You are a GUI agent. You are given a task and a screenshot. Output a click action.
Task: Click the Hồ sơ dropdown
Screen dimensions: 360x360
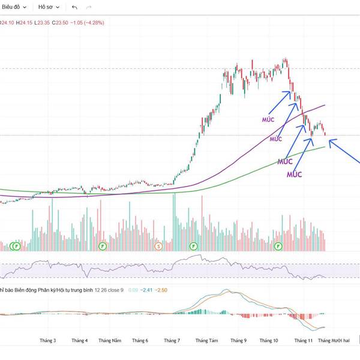(48, 7)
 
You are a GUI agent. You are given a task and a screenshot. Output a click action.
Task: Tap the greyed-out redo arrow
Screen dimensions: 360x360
(89, 7)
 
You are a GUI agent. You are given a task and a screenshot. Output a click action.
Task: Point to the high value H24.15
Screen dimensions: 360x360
(25, 23)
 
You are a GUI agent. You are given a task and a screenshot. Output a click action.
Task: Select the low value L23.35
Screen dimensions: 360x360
(42, 23)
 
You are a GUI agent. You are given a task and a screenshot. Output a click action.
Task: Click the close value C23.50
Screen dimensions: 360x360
(60, 23)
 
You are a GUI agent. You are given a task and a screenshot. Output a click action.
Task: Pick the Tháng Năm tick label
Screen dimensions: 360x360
(110, 340)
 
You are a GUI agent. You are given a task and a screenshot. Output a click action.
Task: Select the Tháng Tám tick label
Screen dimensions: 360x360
(206, 340)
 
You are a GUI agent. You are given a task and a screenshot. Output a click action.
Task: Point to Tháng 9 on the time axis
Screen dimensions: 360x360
(238, 340)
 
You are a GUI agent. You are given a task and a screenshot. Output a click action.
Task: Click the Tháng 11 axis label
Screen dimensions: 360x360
(303, 340)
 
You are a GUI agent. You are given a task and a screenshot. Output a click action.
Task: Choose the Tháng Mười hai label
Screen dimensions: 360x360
(334, 340)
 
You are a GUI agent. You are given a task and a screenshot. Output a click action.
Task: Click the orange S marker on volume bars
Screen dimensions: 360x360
(159, 246)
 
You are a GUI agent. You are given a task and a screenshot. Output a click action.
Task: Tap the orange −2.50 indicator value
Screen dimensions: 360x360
(161, 290)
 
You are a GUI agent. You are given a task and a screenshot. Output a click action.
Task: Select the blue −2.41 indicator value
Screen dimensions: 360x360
(146, 290)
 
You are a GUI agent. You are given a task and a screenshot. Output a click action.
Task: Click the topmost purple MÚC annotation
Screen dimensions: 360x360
(268, 119)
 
